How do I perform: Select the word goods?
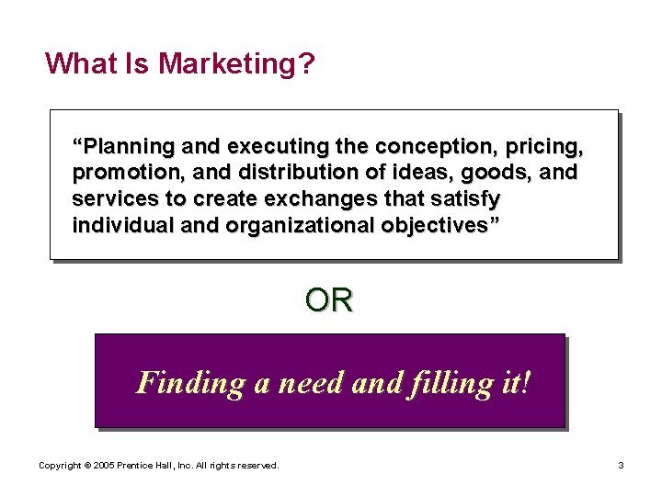(x=487, y=173)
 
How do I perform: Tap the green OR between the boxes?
(x=328, y=300)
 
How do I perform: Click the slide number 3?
(x=621, y=467)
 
